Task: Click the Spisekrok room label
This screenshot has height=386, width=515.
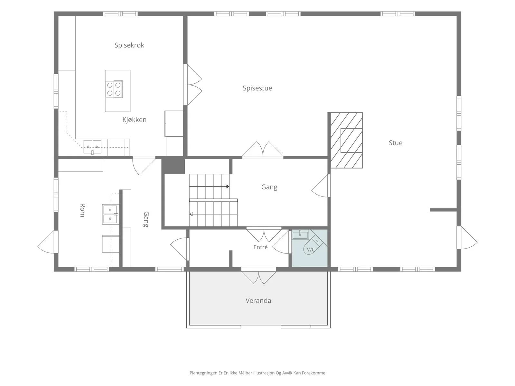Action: coord(129,45)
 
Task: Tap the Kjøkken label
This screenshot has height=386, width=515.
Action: coord(134,120)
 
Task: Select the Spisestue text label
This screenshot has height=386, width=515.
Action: coord(257,88)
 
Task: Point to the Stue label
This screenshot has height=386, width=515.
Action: coord(395,143)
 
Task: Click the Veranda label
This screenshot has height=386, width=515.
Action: coord(258,300)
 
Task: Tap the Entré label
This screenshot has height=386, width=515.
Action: coord(260,247)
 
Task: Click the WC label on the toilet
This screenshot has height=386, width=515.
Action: coord(311,249)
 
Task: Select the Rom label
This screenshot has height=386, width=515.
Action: coord(82,210)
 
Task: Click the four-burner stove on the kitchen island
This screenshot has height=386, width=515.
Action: coord(114,89)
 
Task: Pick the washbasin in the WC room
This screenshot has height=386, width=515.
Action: coord(300,235)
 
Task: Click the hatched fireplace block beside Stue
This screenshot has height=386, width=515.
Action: coord(346,140)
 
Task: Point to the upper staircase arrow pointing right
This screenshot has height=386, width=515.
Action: coord(209,187)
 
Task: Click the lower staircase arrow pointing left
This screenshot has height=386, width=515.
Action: coord(213,214)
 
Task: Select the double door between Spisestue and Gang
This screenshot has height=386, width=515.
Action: coord(263,150)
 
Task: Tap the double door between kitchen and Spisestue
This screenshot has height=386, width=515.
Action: coord(192,85)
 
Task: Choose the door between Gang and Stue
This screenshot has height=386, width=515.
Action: coord(321,186)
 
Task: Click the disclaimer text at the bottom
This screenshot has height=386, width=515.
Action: coord(257,373)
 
